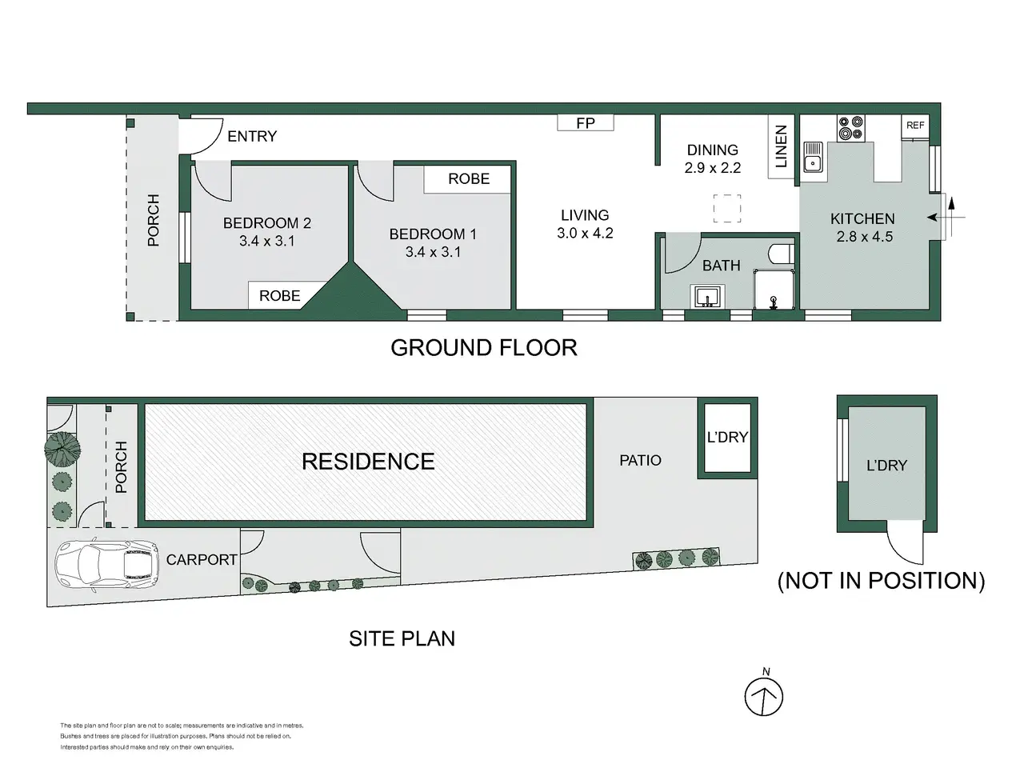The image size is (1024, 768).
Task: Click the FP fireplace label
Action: tap(586, 123)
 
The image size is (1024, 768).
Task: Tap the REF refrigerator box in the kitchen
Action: tap(915, 126)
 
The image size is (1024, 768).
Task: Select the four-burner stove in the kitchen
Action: tap(850, 128)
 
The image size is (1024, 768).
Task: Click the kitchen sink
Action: tap(813, 157)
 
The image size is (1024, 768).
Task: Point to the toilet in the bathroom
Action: tap(781, 254)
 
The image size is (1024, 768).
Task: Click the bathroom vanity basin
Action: tap(708, 297)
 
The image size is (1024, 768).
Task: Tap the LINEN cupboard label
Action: tap(781, 146)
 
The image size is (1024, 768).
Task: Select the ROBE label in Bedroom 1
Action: tap(469, 178)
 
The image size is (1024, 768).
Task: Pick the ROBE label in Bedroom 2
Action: tap(279, 296)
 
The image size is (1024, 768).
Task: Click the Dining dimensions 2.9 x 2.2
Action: tap(712, 168)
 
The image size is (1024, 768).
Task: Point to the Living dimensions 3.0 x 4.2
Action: tap(585, 233)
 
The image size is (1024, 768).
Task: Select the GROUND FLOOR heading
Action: tap(484, 348)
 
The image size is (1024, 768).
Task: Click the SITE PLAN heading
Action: tap(402, 639)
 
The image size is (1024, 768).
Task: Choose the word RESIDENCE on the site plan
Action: tap(368, 462)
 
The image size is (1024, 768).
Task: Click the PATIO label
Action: tap(640, 461)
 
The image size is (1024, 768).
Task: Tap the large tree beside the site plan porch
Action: tap(62, 450)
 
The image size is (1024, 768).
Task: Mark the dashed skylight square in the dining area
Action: tap(727, 209)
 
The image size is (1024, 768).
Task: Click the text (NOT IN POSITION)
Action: tap(882, 581)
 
